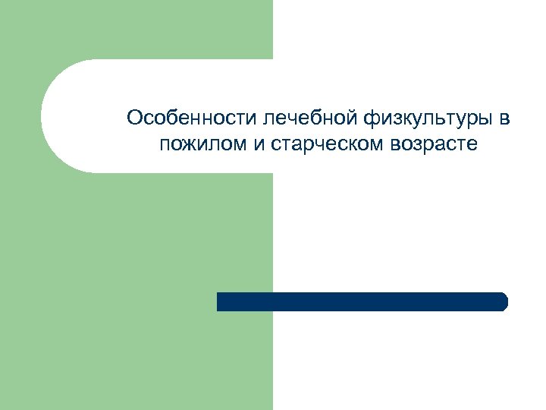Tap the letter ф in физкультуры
pyautogui.click(x=372, y=119)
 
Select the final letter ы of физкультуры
pyautogui.click(x=488, y=119)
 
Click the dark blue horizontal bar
pyautogui.click(x=362, y=301)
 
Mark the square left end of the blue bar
pyautogui.click(x=219, y=301)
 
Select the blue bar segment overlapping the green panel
pyautogui.click(x=244, y=301)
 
